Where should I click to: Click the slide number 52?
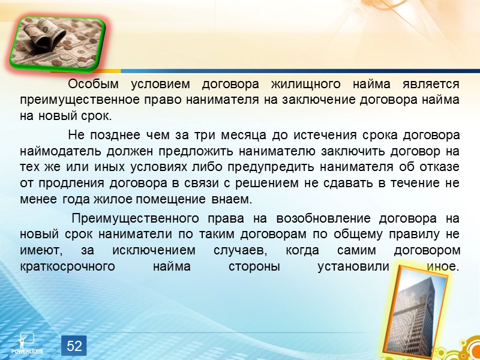[74, 346]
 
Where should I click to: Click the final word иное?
[440, 266]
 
